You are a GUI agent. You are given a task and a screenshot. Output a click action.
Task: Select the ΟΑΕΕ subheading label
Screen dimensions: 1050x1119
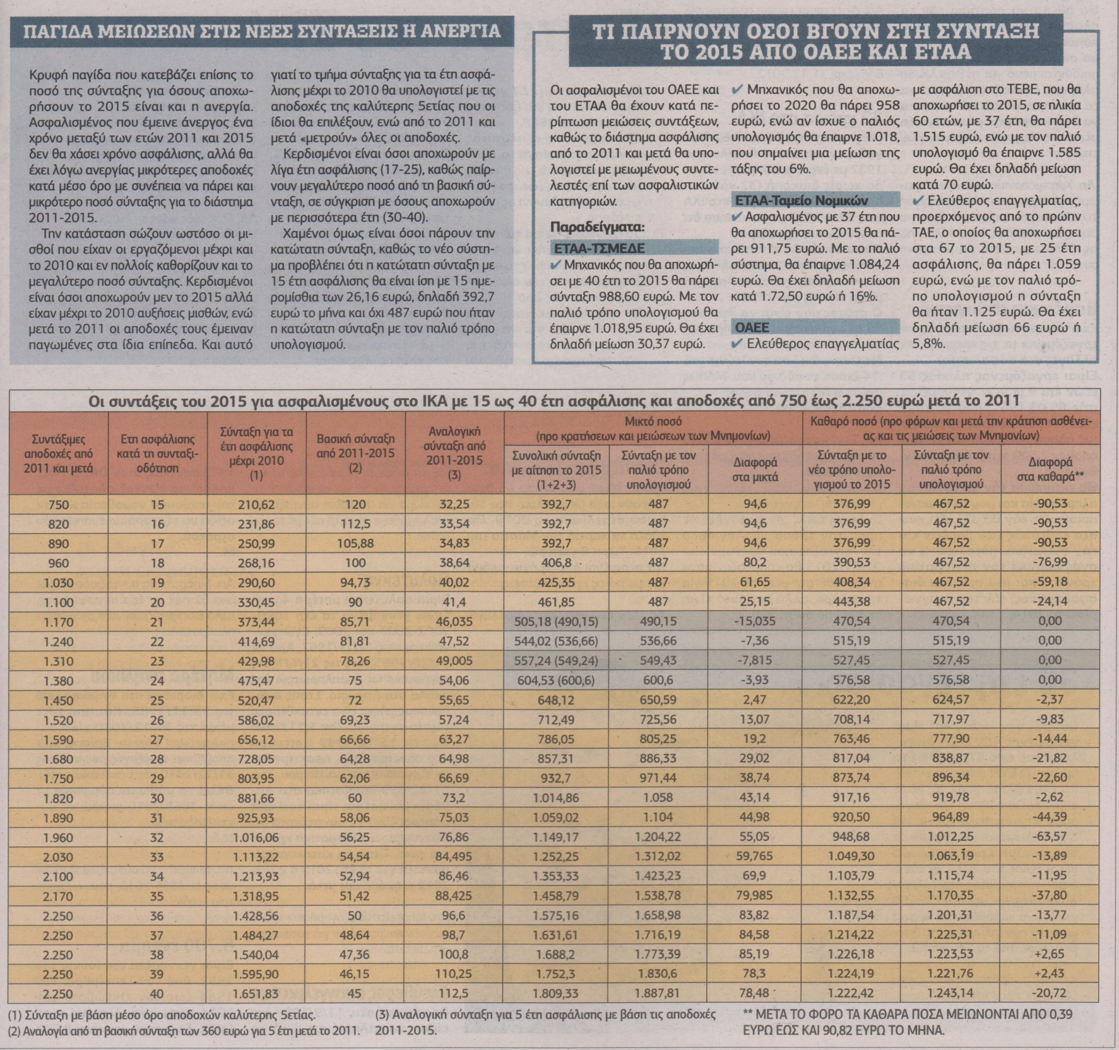(x=751, y=327)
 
